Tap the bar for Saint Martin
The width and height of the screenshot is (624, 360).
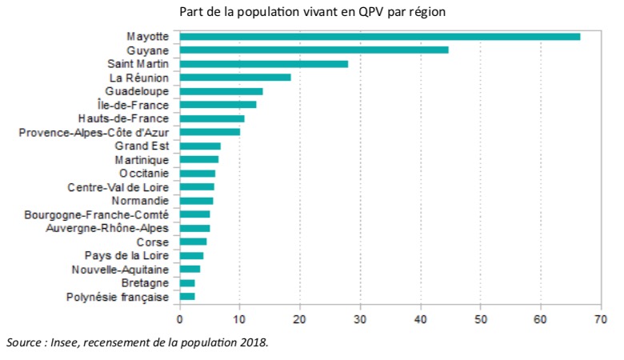[264, 63]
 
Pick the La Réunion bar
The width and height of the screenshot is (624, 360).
[235, 78]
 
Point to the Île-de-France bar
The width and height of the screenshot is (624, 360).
[218, 105]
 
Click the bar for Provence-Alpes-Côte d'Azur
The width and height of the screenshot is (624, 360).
[210, 132]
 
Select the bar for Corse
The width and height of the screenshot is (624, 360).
[194, 242]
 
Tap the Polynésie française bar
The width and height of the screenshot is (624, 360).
[187, 297]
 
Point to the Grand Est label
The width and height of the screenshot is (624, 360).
[142, 146]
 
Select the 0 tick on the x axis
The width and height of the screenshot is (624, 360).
[180, 319]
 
